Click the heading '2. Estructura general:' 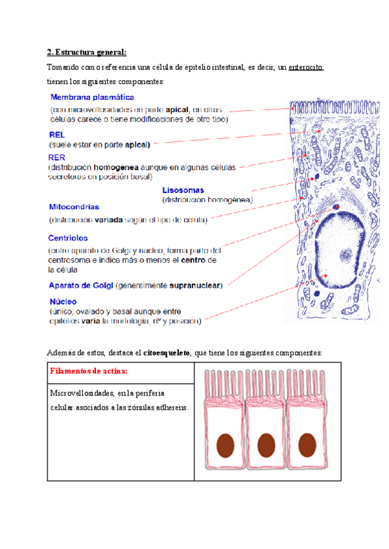[88, 52]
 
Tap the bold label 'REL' [58, 135]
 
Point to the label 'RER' [57, 157]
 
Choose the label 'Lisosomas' [183, 190]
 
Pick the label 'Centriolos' [68, 238]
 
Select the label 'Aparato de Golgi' [81, 285]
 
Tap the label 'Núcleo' [64, 302]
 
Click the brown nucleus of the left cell [225, 445]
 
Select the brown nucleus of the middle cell [266, 445]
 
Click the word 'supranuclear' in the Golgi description [196, 285]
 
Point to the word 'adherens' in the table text [169, 407]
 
